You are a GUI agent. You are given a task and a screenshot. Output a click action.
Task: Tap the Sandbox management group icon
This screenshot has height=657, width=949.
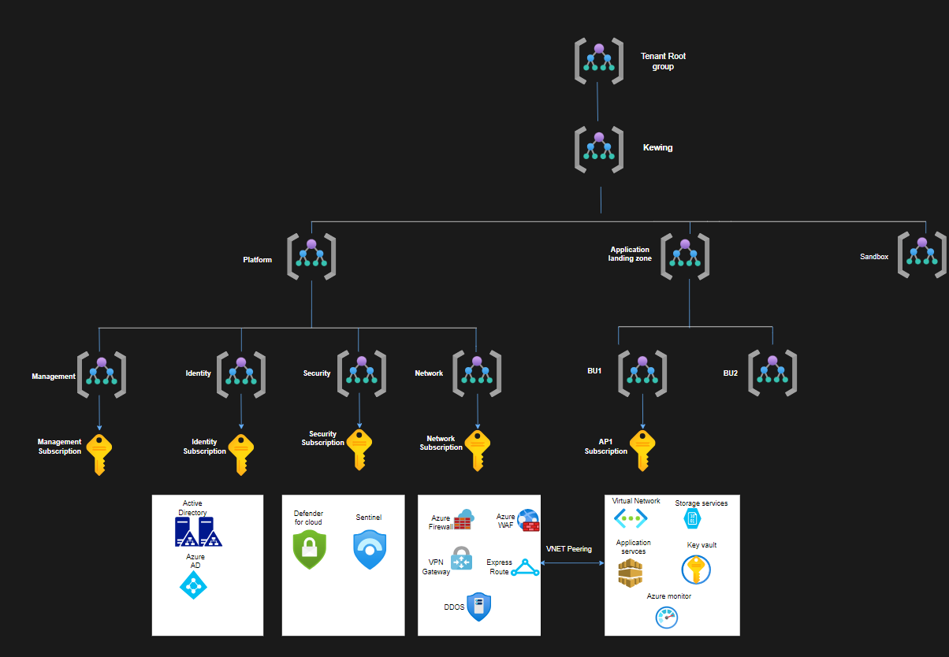(923, 254)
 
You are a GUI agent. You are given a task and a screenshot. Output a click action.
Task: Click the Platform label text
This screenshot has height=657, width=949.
(257, 260)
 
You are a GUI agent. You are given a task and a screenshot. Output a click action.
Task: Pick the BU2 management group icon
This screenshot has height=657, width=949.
(772, 373)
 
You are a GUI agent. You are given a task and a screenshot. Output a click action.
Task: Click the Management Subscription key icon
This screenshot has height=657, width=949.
(99, 454)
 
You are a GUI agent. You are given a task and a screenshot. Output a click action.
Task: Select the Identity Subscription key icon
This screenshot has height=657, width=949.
(241, 454)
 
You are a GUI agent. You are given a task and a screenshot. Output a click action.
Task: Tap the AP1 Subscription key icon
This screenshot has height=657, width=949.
(642, 451)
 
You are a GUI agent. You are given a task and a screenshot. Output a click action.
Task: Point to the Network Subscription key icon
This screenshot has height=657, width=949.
(478, 450)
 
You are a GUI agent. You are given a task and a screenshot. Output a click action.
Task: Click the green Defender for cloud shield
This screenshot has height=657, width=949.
(309, 549)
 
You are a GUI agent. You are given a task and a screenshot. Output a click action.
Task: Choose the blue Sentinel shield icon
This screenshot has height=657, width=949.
(370, 550)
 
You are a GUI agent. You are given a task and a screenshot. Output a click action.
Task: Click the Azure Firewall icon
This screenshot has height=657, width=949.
(463, 520)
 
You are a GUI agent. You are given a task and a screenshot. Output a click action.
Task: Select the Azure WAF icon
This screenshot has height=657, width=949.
(528, 521)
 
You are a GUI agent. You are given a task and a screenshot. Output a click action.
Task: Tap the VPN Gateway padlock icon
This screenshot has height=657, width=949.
(461, 559)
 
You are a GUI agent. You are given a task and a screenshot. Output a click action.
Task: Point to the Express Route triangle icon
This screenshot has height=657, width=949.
(525, 567)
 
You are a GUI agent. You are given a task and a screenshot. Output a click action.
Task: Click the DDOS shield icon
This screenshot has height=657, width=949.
(479, 607)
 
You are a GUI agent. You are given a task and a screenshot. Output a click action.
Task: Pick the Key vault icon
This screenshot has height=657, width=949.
(696, 569)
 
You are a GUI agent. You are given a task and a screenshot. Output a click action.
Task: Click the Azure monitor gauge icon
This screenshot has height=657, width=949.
(667, 618)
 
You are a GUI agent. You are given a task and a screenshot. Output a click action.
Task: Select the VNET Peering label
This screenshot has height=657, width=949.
(569, 549)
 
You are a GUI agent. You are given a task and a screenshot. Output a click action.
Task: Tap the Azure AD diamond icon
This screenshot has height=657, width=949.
(193, 585)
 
